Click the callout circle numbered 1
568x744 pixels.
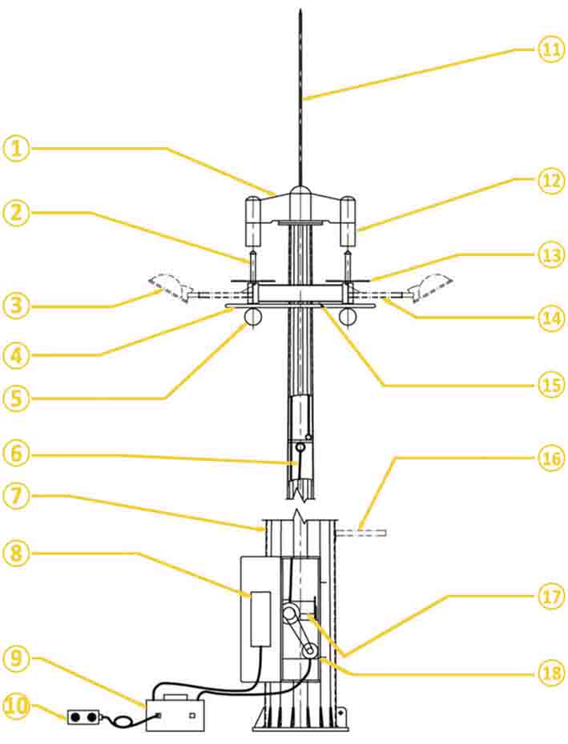point(16,149)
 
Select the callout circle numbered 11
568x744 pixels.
point(550,50)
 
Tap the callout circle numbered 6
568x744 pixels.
point(16,453)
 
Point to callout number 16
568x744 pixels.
point(550,459)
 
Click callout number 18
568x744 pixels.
point(550,673)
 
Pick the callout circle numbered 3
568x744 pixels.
point(16,305)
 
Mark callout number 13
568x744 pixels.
point(550,255)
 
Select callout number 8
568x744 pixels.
point(16,552)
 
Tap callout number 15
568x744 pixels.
point(550,384)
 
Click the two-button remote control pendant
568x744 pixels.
point(82,717)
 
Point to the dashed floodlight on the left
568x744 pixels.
point(170,285)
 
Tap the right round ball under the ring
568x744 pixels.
point(347,316)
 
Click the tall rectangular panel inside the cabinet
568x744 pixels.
point(260,618)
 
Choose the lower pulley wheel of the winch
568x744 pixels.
point(308,653)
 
